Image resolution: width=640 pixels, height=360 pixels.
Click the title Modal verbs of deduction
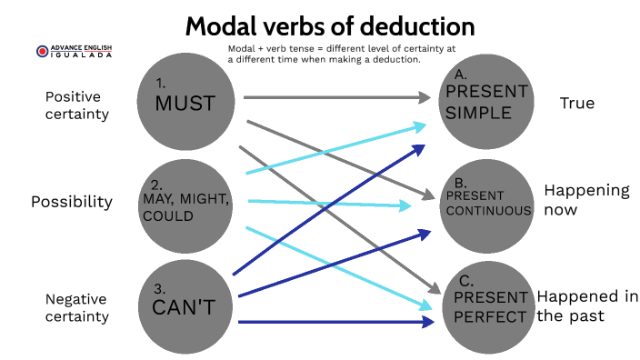[330, 25]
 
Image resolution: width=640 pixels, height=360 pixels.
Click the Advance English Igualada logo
[74, 53]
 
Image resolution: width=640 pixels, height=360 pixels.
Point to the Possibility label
[72, 201]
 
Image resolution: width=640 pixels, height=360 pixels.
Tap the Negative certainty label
[77, 307]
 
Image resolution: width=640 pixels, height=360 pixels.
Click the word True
[576, 103]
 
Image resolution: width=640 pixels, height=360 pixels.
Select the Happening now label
[586, 199]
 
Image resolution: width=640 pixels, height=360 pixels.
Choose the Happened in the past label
[587, 306]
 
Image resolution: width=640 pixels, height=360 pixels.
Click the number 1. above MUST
[162, 81]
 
